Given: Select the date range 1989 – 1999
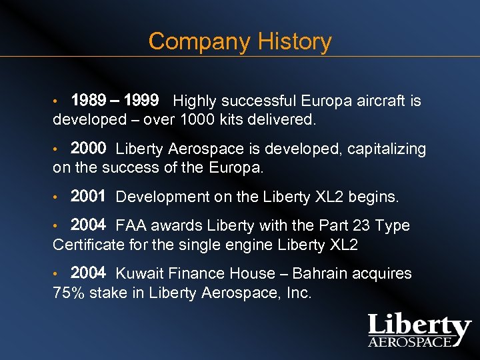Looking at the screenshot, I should click(115, 101).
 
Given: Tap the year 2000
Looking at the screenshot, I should click(88, 148).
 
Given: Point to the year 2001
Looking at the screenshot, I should click(88, 197).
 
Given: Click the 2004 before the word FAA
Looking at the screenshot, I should click(88, 225).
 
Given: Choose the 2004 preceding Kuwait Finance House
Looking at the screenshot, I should click(88, 273).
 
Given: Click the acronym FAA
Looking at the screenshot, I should click(132, 226).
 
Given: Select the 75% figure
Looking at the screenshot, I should click(69, 292).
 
